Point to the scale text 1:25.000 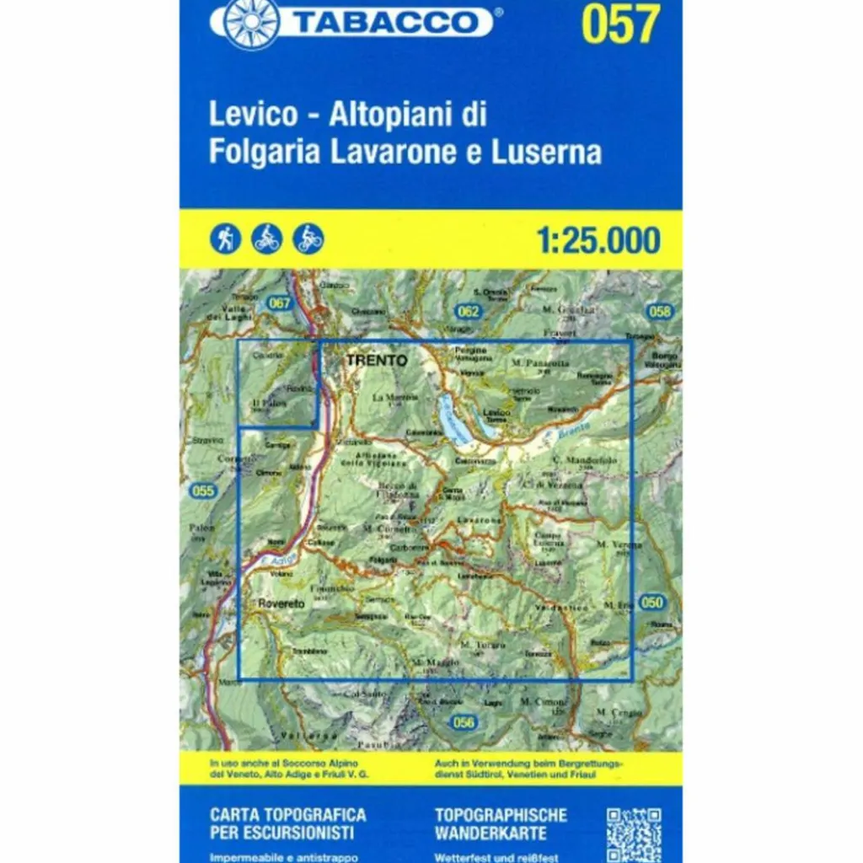[598, 241]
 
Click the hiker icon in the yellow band [226, 239]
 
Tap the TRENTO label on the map [376, 361]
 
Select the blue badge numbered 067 [280, 303]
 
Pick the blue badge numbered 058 [662, 312]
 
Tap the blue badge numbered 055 [203, 491]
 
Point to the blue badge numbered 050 [651, 602]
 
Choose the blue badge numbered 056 [464, 722]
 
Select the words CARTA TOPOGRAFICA [287, 815]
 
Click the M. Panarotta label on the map [540, 364]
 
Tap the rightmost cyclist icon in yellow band [308, 239]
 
